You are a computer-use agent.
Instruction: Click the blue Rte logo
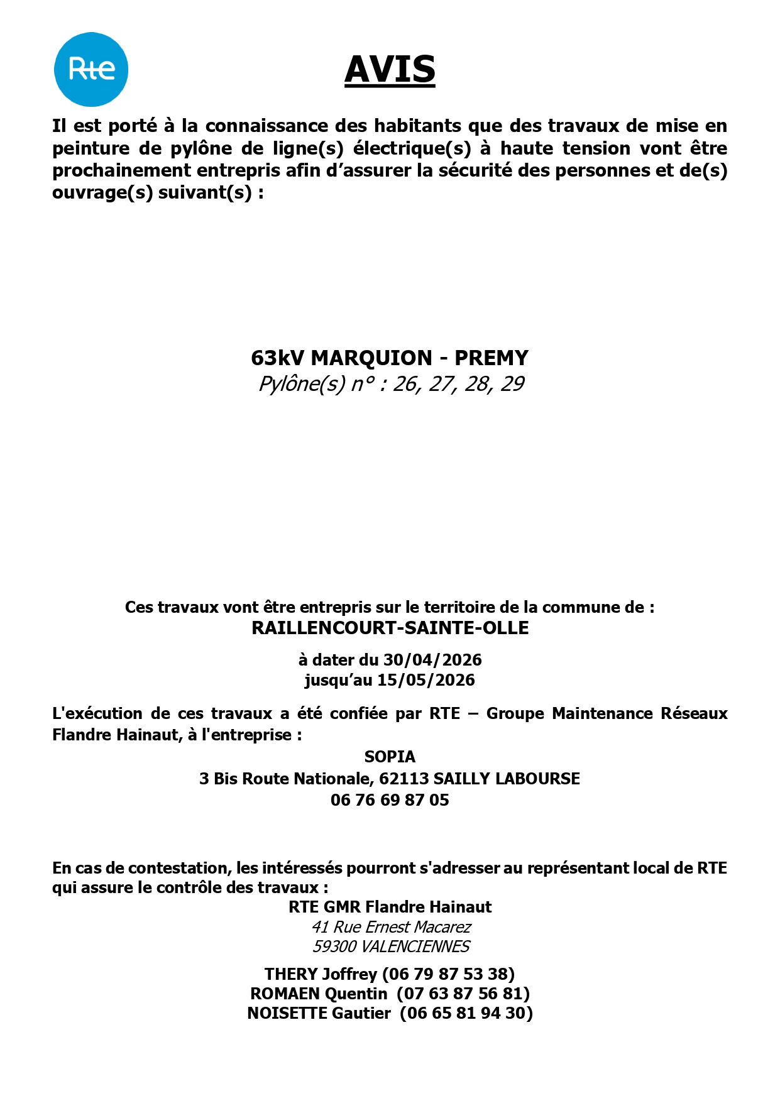click(x=91, y=69)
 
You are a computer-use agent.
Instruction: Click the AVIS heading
click(x=390, y=69)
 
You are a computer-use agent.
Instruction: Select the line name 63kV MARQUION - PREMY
click(x=390, y=358)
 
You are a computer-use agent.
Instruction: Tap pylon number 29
click(x=512, y=384)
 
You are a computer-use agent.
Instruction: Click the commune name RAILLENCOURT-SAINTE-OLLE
click(x=390, y=628)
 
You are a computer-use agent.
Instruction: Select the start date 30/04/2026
click(x=432, y=660)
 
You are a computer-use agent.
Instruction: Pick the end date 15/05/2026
click(x=426, y=680)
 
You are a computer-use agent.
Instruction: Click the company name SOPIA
click(x=390, y=757)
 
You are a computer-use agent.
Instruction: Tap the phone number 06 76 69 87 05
click(x=390, y=800)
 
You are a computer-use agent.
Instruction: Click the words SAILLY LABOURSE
click(x=507, y=779)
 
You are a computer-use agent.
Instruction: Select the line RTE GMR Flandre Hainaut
click(x=390, y=907)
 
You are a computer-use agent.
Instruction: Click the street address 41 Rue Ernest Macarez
click(x=391, y=927)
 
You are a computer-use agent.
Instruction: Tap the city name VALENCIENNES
click(x=415, y=947)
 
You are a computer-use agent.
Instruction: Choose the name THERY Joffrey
click(x=321, y=974)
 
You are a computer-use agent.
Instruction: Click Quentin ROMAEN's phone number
click(x=463, y=994)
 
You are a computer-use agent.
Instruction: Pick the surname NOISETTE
click(x=287, y=1013)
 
